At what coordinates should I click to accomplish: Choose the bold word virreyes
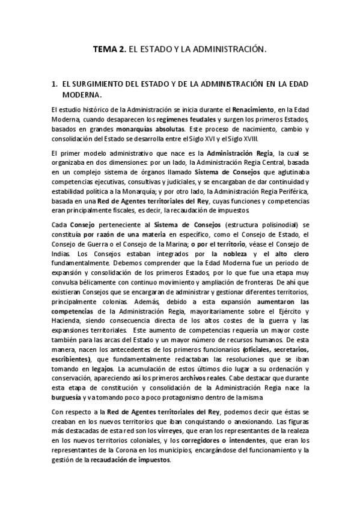[143, 431]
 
